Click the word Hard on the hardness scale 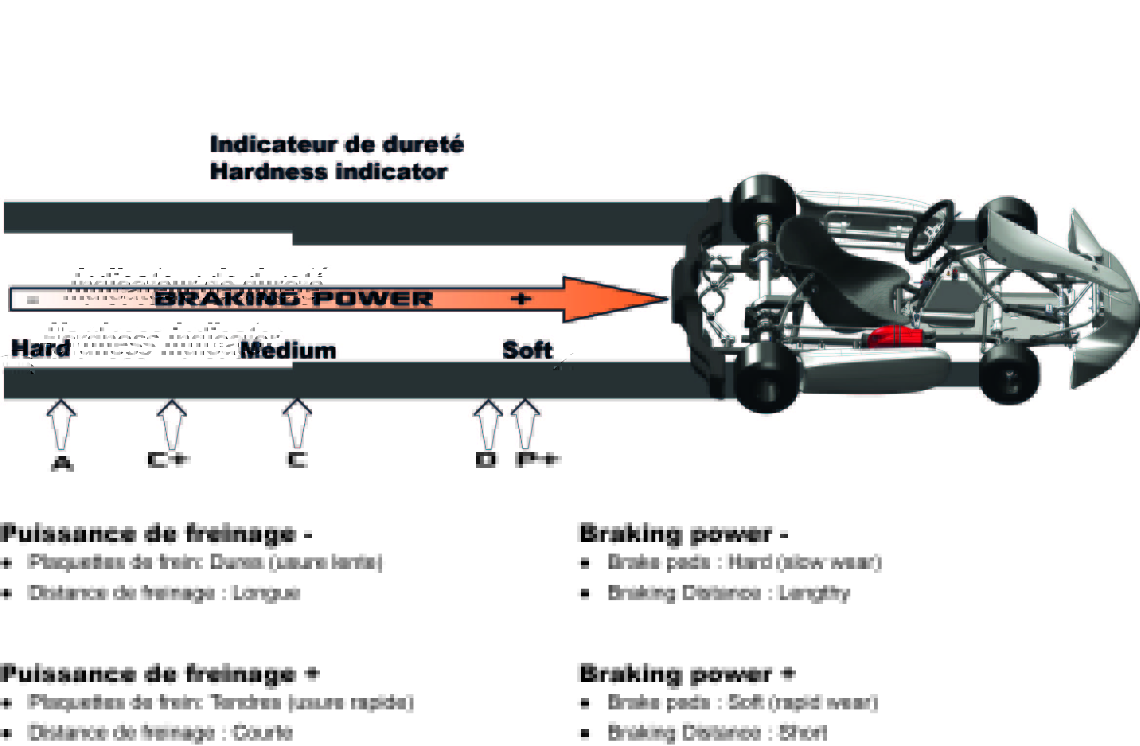pyautogui.click(x=40, y=348)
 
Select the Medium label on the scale pyautogui.click(x=289, y=351)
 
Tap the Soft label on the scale pyautogui.click(x=528, y=350)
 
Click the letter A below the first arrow pyautogui.click(x=62, y=464)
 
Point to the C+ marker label pyautogui.click(x=168, y=460)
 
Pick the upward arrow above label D pyautogui.click(x=488, y=423)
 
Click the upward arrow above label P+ pyautogui.click(x=525, y=423)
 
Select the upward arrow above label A pyautogui.click(x=61, y=424)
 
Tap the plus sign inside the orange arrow pyautogui.click(x=521, y=299)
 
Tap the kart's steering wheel pyautogui.click(x=929, y=231)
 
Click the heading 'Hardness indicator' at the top pyautogui.click(x=328, y=172)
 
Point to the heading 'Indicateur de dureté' pyautogui.click(x=336, y=144)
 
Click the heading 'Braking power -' pyautogui.click(x=683, y=534)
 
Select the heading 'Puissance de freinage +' pyautogui.click(x=160, y=674)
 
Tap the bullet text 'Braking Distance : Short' pyautogui.click(x=717, y=733)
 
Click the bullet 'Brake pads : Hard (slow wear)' pyautogui.click(x=745, y=562)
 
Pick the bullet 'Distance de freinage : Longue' pyautogui.click(x=164, y=593)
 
